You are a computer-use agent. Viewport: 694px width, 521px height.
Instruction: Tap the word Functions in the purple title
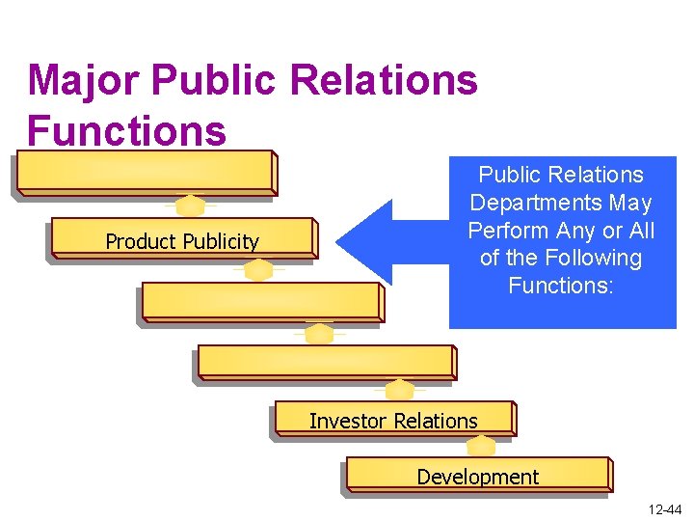pos(127,130)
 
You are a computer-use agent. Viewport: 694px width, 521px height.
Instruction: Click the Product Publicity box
pos(182,240)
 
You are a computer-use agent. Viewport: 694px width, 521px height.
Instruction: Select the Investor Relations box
pos(393,421)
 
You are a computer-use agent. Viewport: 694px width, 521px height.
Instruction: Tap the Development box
pos(477,476)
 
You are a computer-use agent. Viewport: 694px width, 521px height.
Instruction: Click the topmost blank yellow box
pos(145,174)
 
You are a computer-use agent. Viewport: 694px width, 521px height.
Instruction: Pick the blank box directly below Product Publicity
pos(261,302)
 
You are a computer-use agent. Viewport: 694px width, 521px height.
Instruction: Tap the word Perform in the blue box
pos(506,231)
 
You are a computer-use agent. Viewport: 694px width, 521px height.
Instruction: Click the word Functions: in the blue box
pos(561,286)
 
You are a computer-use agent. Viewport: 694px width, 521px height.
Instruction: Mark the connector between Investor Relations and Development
pos(480,446)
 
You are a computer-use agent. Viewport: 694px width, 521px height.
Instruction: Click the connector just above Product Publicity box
pos(191,206)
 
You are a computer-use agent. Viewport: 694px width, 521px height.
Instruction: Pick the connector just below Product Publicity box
pos(257,270)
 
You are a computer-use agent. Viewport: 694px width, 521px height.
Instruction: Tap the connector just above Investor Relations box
pos(399,389)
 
